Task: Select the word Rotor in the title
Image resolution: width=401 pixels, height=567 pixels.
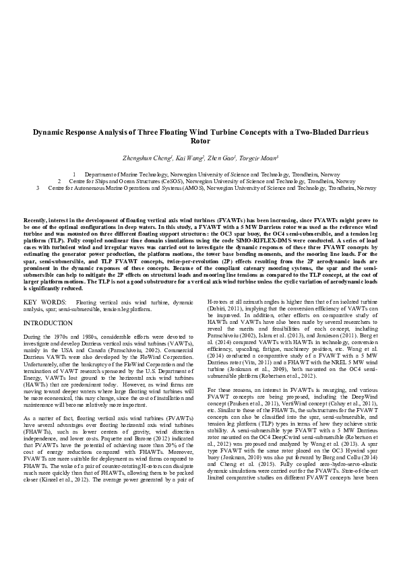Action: pyautogui.click(x=200, y=142)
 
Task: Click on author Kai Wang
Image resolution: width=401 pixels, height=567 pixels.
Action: pyautogui.click(x=189, y=158)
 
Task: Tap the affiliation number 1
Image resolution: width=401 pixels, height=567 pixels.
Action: pyautogui.click(x=74, y=174)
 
